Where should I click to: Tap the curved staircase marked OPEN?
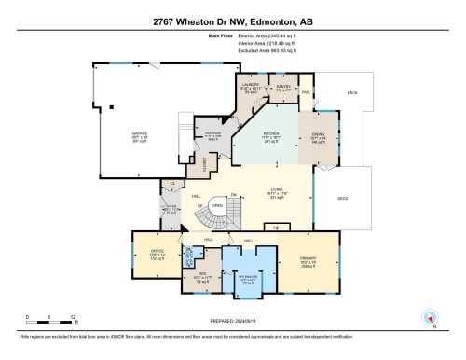click(x=216, y=216)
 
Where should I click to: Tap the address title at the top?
click(x=232, y=21)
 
